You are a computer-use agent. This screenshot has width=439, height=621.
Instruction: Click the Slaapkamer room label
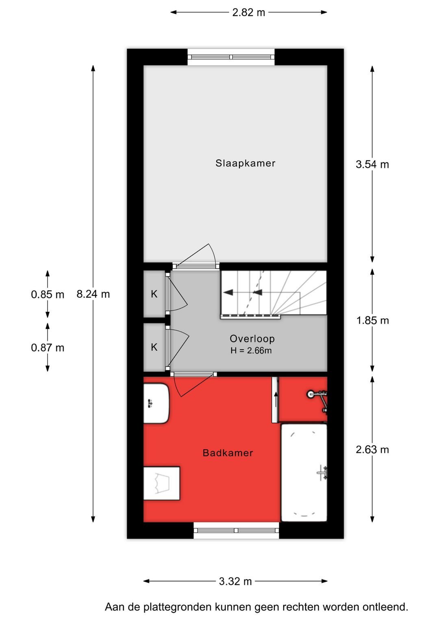point(245,163)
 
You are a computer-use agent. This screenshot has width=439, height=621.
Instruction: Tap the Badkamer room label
point(228,453)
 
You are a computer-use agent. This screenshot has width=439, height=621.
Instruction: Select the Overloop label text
point(252,339)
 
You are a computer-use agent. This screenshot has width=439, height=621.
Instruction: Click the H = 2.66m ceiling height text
point(251,350)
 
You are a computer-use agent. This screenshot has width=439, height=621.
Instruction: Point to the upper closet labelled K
point(154,294)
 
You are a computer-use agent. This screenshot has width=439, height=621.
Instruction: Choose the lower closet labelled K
point(154,347)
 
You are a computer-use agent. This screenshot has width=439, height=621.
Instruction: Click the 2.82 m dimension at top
point(248,13)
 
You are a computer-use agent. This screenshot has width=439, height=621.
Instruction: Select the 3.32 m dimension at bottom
point(235,581)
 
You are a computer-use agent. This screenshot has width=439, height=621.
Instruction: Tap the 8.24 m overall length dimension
point(93,294)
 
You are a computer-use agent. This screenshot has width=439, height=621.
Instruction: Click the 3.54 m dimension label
point(372,164)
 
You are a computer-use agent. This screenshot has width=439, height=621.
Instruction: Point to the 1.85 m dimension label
point(372,321)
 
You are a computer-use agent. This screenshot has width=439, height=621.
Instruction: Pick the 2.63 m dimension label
point(372,450)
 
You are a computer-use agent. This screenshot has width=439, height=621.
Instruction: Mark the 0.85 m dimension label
point(48,294)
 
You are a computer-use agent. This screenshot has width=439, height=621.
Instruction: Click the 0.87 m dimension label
point(48,348)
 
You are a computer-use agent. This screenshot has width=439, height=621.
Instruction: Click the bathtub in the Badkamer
point(304,472)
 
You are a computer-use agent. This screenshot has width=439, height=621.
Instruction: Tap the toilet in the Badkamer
point(161,483)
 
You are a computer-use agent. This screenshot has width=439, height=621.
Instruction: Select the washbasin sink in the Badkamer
point(156,403)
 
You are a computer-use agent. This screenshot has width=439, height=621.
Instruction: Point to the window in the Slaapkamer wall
point(231,57)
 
